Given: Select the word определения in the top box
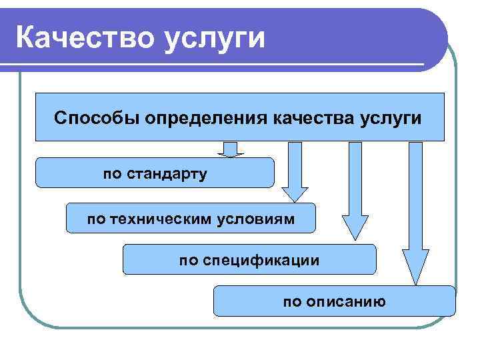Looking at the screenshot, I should (x=201, y=119).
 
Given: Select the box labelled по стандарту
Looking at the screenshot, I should (x=155, y=173).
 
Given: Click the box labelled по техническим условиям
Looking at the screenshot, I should (x=191, y=218).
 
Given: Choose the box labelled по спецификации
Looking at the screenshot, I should (x=249, y=259).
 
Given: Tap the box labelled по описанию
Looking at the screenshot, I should (x=334, y=301).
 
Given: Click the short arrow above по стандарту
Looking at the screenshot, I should (x=231, y=149).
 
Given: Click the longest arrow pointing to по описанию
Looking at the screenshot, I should (x=415, y=213).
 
